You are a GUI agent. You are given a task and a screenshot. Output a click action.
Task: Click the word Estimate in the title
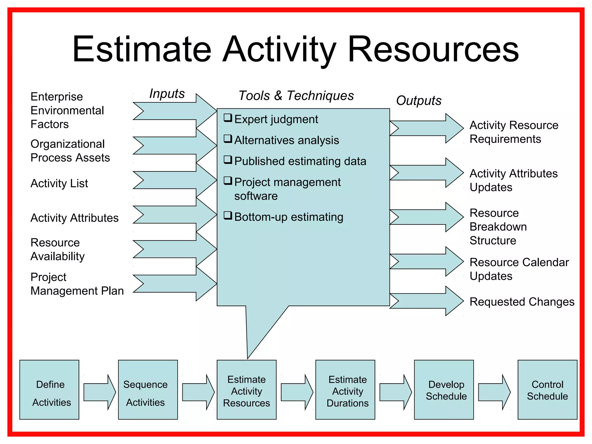[142, 49]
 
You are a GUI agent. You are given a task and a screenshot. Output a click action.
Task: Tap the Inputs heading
[167, 94]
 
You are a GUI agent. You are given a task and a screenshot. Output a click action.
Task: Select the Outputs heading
[419, 101]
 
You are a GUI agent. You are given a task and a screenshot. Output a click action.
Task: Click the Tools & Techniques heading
[296, 96]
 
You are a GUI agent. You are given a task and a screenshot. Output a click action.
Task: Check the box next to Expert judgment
[228, 118]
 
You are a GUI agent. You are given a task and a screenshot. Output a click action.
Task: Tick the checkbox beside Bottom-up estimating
[228, 216]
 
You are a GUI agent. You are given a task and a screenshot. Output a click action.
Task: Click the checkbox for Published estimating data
[228, 160]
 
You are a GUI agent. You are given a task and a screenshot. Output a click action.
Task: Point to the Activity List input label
[59, 184]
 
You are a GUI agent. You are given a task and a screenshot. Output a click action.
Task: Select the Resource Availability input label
[58, 249]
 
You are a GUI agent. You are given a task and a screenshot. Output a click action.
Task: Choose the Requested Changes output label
[522, 302]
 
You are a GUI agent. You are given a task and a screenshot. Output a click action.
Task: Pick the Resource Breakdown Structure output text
[498, 227]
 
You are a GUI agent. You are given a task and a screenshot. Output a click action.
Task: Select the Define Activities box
[49, 390]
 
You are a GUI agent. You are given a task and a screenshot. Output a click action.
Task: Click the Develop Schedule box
[444, 390]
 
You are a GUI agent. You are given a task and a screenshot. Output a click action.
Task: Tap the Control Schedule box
[547, 390]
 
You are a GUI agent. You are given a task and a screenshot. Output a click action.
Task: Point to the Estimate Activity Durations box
[345, 390]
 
